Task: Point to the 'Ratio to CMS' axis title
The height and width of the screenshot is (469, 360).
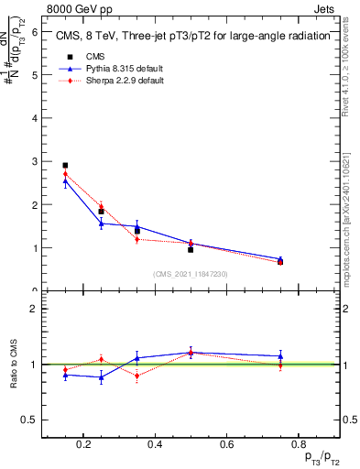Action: [15, 365]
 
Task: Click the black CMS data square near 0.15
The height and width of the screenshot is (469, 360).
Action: [65, 166]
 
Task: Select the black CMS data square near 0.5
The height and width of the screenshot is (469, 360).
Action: [191, 249]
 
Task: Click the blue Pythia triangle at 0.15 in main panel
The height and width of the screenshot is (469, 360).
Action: [65, 181]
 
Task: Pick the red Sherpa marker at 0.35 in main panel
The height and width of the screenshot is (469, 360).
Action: [136, 239]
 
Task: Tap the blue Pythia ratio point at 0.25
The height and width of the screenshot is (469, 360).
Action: [101, 377]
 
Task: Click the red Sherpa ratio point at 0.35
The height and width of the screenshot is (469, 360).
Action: [136, 376]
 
